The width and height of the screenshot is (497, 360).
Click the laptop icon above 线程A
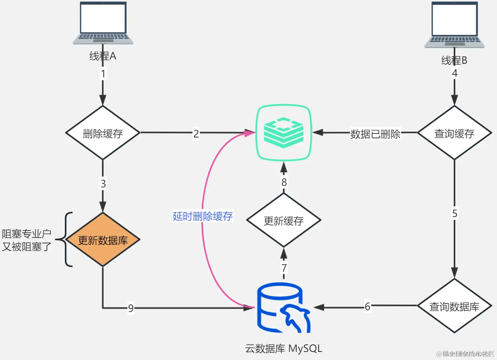[103, 23]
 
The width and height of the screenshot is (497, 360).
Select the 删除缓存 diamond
[103, 133]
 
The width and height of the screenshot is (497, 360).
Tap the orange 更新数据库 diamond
[103, 240]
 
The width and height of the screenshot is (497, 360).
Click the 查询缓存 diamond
[454, 133]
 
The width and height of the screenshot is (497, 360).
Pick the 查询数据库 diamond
[454, 306]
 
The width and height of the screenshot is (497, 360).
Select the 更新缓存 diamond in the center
[283, 220]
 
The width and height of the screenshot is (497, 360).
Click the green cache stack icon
[283, 132]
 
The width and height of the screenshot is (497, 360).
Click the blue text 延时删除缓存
[203, 216]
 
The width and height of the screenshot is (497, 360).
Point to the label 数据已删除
[375, 134]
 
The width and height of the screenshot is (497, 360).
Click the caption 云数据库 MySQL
[283, 348]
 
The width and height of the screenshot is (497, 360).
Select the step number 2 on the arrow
[196, 133]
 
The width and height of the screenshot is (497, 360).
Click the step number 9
[131, 308]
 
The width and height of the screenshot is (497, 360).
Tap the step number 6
[367, 306]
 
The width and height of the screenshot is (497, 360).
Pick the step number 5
[455, 213]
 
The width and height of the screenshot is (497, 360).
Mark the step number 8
[284, 182]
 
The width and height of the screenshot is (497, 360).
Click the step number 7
[284, 268]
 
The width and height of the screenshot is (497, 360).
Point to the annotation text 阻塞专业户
[26, 234]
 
